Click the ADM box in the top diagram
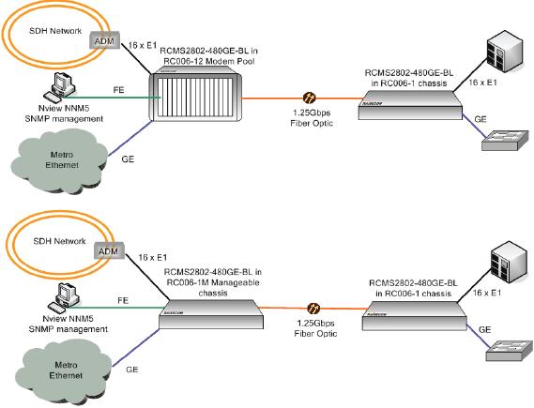[x=104, y=40]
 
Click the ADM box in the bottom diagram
[x=109, y=251]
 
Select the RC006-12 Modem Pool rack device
[x=195, y=96]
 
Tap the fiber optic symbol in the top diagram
[x=309, y=98]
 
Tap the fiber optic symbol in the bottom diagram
[x=313, y=309]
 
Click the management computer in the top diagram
[x=60, y=87]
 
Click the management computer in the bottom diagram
[x=64, y=297]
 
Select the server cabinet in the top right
[x=505, y=53]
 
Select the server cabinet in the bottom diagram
[x=509, y=263]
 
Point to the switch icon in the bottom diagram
[x=510, y=351]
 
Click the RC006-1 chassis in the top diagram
[x=411, y=105]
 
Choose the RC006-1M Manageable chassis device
[x=211, y=314]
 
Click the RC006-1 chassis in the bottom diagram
[x=415, y=315]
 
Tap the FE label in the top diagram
[x=119, y=90]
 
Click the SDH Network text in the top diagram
[x=55, y=31]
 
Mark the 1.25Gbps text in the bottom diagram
[x=315, y=323]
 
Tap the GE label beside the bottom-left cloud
[x=131, y=370]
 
